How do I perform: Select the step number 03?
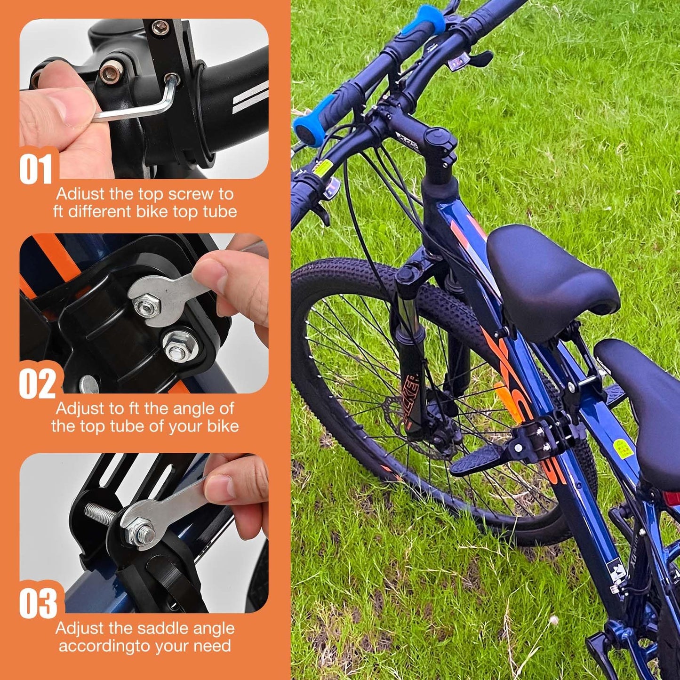click(38, 603)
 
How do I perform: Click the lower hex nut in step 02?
click(178, 347)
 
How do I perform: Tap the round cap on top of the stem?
click(440, 138)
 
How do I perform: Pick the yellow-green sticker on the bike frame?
click(621, 447)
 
